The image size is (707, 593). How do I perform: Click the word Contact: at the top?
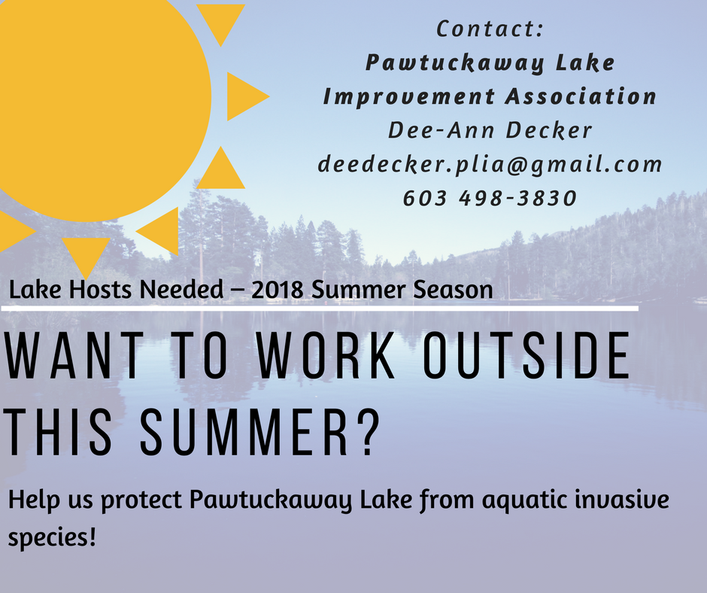[490, 29]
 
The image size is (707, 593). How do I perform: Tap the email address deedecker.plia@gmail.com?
[490, 165]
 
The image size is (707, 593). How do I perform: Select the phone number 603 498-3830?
[490, 198]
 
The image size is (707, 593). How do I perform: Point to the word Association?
[581, 96]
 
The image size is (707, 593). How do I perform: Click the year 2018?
[278, 290]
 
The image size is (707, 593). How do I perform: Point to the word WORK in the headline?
[326, 355]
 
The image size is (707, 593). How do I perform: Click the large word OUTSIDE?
[527, 355]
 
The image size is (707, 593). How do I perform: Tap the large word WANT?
[74, 355]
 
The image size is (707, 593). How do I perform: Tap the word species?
[53, 537]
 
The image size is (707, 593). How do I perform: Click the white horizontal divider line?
[320, 309]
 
